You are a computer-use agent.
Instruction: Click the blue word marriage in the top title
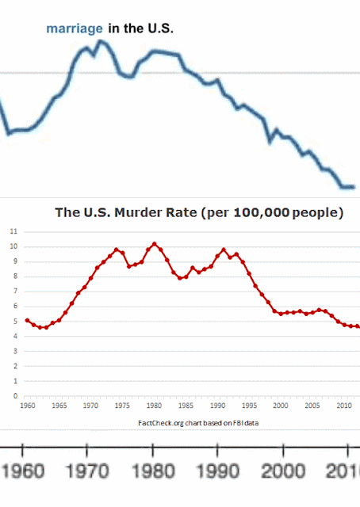coord(75,29)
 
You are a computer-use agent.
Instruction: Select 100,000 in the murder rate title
coord(261,213)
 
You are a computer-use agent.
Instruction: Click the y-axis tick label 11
coord(13,231)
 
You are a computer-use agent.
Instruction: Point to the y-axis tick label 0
coord(15,396)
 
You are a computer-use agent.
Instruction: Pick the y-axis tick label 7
coord(15,292)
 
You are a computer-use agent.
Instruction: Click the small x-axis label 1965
coord(59,406)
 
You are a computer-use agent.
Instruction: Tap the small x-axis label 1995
coord(249,406)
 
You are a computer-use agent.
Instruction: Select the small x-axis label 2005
coord(312,406)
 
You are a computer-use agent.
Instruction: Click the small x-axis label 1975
coord(122,406)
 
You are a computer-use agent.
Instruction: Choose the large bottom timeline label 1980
coord(153,471)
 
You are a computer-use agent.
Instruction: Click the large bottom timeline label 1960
coord(23,471)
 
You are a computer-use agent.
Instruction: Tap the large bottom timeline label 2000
coord(283,471)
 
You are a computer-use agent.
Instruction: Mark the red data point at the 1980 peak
coord(154,244)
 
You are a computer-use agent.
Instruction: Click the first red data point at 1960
coord(27,320)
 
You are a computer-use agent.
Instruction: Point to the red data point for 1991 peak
coord(224,250)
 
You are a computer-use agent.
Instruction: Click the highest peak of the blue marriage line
coord(100,41)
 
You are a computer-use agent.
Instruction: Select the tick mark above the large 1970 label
coord(86,451)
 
